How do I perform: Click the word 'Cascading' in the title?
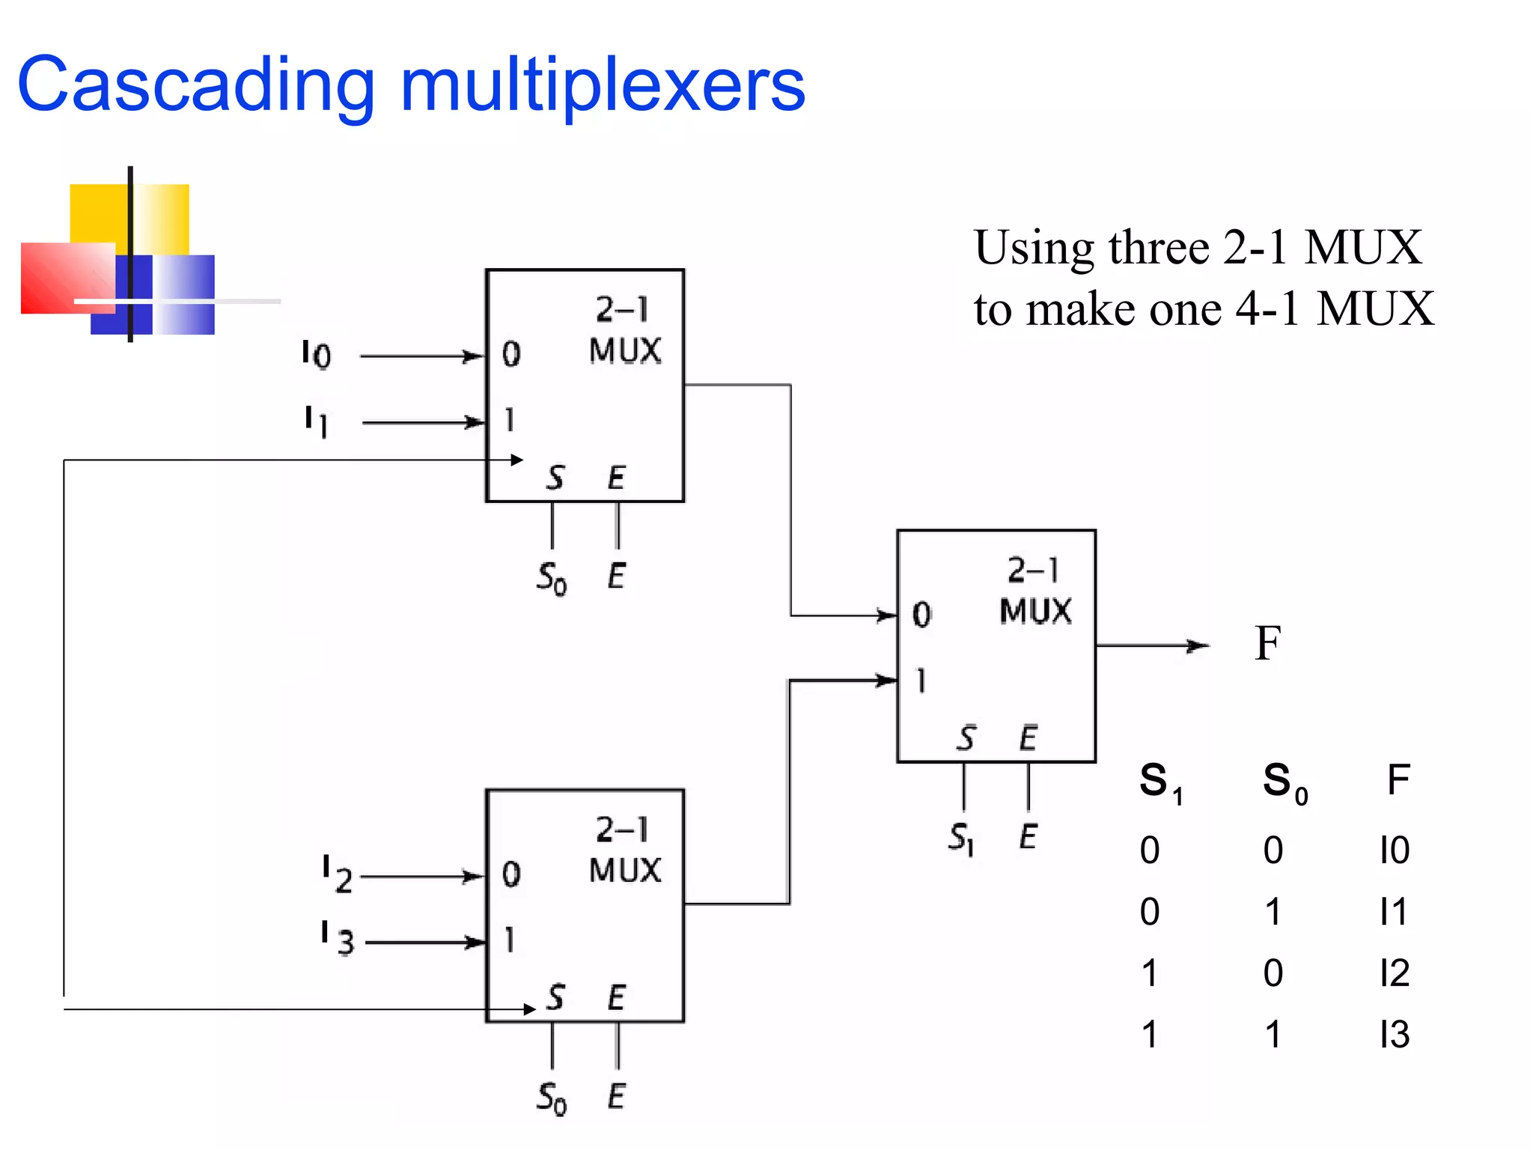coord(196,86)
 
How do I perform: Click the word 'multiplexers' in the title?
coord(603,86)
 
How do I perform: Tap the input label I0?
coord(316,354)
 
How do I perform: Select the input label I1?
coord(316,421)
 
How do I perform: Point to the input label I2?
coord(337,874)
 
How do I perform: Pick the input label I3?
coord(337,939)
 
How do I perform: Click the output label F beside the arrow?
coord(1267,643)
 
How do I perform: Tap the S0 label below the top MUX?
coord(552,578)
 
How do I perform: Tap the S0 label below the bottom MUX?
coord(552,1098)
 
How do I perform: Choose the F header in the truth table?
coord(1398,780)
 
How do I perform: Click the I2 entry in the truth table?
coord(1395,973)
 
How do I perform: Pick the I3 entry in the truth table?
coord(1395,1035)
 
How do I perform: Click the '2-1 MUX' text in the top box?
coord(624,330)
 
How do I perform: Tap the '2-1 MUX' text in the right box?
coord(1035,591)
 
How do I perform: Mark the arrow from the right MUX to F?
coord(1153,645)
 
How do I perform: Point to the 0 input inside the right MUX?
coord(921,615)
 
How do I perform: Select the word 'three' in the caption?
coord(1159,247)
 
